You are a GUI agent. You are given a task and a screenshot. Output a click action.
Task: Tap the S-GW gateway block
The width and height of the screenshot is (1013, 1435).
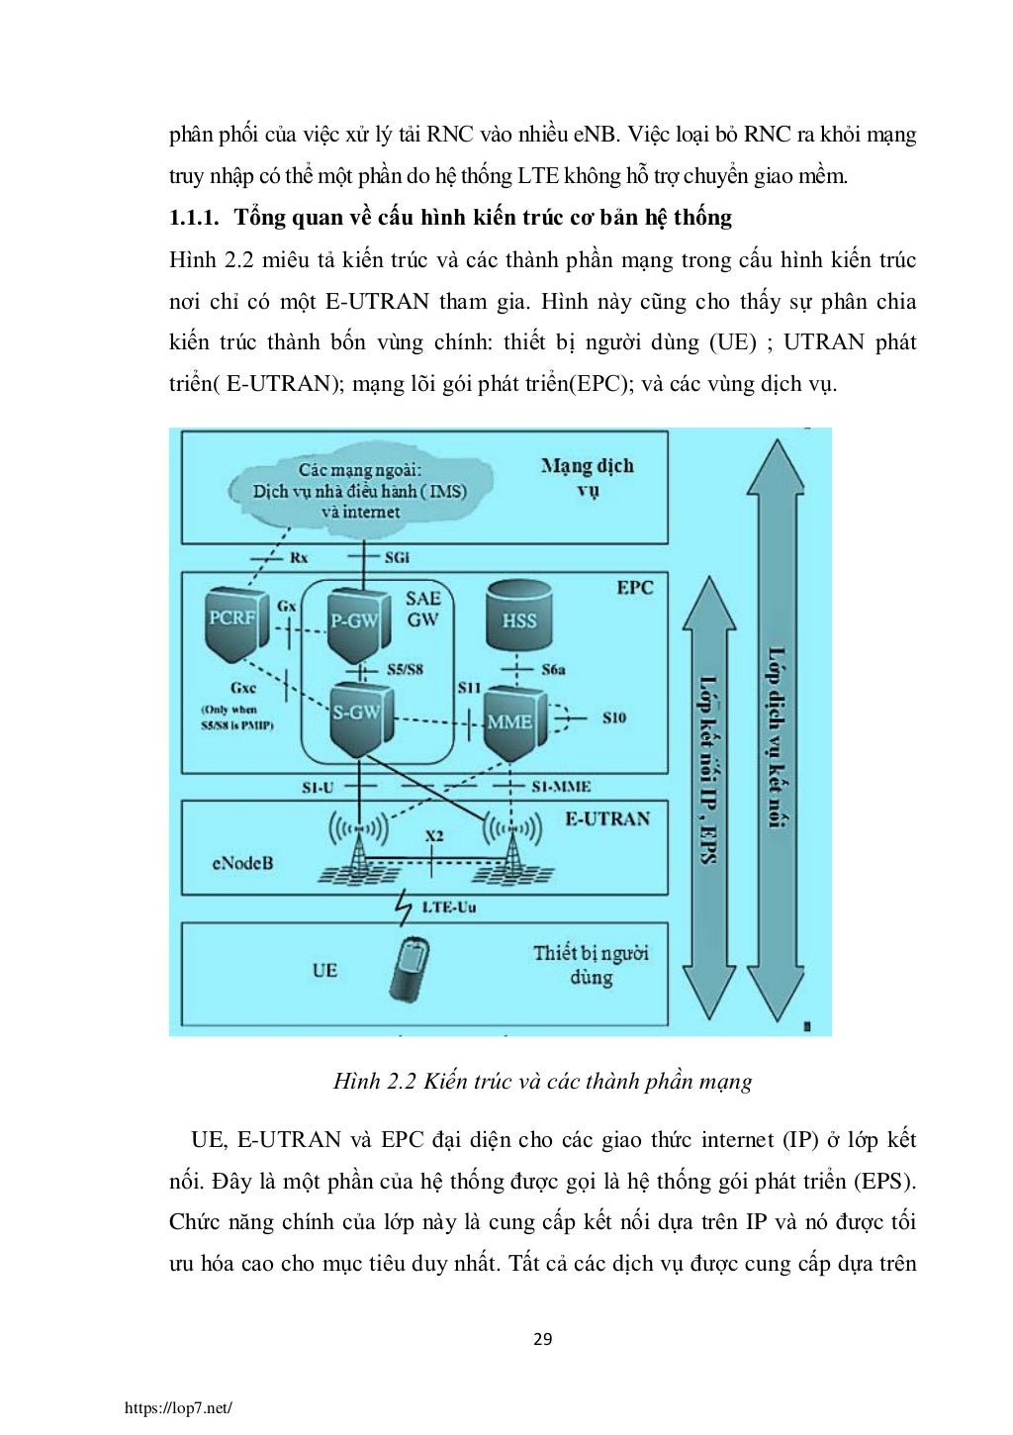coord(356,716)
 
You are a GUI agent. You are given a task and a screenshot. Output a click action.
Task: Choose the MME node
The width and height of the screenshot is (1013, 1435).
coord(510,722)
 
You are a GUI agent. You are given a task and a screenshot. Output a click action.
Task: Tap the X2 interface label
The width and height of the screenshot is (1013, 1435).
coord(434,836)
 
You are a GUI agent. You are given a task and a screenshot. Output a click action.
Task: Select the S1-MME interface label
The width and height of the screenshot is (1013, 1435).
coord(561,787)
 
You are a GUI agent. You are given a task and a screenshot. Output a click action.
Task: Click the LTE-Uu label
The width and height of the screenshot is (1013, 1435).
coord(448,906)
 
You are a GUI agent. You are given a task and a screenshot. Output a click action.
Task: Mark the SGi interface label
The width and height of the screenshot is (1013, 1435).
coord(396,557)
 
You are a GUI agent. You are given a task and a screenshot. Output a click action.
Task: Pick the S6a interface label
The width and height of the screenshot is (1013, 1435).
coord(553,670)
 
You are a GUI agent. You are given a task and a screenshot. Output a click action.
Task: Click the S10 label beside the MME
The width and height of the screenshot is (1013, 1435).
coord(613,717)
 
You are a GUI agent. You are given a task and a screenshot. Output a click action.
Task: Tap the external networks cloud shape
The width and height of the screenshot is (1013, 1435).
coord(360,490)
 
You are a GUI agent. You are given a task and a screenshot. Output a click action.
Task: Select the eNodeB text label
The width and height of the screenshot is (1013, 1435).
coord(242,863)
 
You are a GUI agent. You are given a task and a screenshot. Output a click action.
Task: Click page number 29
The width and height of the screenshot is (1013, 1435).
coord(542,1340)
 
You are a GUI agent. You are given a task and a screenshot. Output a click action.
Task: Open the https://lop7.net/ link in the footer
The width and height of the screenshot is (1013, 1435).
coord(178,1407)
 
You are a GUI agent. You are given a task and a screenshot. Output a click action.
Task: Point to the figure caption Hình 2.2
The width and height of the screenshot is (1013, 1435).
coord(542,1081)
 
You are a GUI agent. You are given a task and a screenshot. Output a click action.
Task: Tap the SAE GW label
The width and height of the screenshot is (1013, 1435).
coord(422,609)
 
